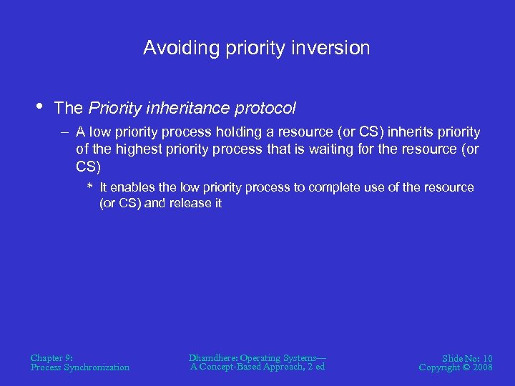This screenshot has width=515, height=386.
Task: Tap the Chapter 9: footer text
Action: (51, 357)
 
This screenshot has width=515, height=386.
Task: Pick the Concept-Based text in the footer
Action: (241, 367)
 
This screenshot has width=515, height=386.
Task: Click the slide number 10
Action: (486, 357)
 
